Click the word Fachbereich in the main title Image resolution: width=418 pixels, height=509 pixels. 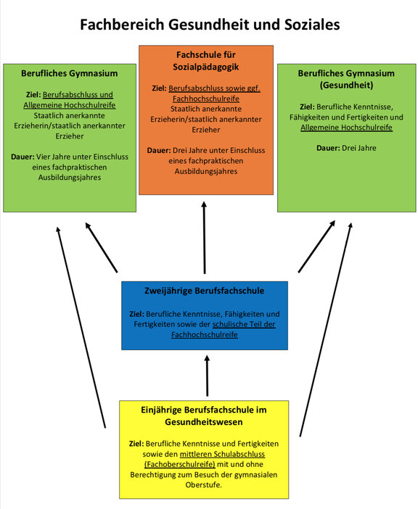click(x=122, y=25)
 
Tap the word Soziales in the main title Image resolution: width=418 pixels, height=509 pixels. click(x=312, y=25)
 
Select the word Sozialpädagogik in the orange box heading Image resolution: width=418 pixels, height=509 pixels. click(x=205, y=67)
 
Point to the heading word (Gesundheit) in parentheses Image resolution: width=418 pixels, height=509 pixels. click(x=346, y=86)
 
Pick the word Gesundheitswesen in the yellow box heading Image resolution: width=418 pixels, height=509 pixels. click(x=204, y=422)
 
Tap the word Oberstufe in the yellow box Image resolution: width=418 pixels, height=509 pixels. click(x=203, y=485)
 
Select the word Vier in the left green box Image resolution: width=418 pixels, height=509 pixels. click(x=41, y=157)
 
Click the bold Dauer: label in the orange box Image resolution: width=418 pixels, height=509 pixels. click(x=159, y=151)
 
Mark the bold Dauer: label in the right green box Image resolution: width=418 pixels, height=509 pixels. click(x=328, y=148)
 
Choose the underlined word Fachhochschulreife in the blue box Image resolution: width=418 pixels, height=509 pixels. click(x=205, y=335)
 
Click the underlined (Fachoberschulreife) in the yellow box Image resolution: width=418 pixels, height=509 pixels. click(x=180, y=465)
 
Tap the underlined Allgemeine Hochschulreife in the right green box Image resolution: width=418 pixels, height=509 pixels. click(x=346, y=128)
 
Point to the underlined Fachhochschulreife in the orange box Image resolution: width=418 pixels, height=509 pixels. click(x=206, y=99)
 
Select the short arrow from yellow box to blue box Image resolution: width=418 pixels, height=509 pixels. click(x=207, y=376)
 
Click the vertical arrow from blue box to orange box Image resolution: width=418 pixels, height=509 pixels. click(x=204, y=238)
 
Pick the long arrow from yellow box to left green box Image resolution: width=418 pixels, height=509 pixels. click(x=81, y=327)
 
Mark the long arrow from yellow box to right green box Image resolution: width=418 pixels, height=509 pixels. click(x=326, y=329)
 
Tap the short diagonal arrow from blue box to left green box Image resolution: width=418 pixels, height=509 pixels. click(x=101, y=247)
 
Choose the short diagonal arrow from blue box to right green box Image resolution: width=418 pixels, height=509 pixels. click(x=316, y=247)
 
